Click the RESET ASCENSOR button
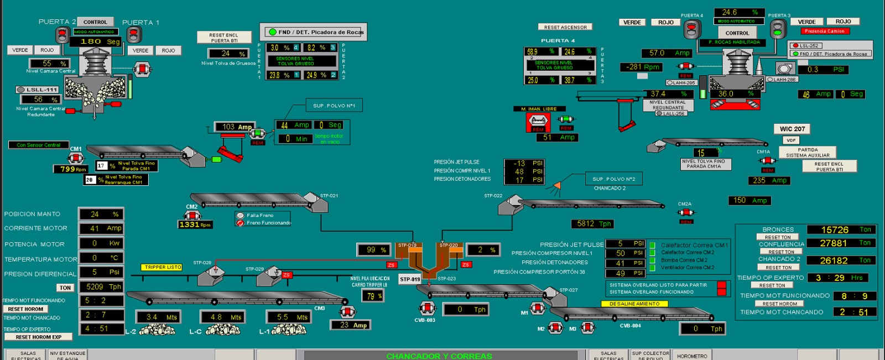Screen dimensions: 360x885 click(x=565, y=27)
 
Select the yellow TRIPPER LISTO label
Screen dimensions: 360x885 click(x=163, y=267)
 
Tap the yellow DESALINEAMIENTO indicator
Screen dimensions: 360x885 click(x=634, y=304)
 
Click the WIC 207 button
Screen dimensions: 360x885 click(x=792, y=129)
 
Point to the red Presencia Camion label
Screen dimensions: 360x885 click(x=824, y=31)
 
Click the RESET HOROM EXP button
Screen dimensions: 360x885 click(x=38, y=337)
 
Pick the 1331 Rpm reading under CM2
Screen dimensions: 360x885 click(x=195, y=225)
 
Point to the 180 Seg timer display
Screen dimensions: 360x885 click(x=100, y=41)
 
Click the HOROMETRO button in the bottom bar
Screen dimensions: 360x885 click(x=691, y=356)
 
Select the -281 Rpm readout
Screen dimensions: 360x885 click(x=642, y=67)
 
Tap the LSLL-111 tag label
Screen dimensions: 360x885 click(x=37, y=90)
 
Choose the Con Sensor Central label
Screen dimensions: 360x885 click(x=38, y=145)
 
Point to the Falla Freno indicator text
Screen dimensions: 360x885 click(x=260, y=215)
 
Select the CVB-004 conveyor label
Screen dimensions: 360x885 click(x=630, y=326)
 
